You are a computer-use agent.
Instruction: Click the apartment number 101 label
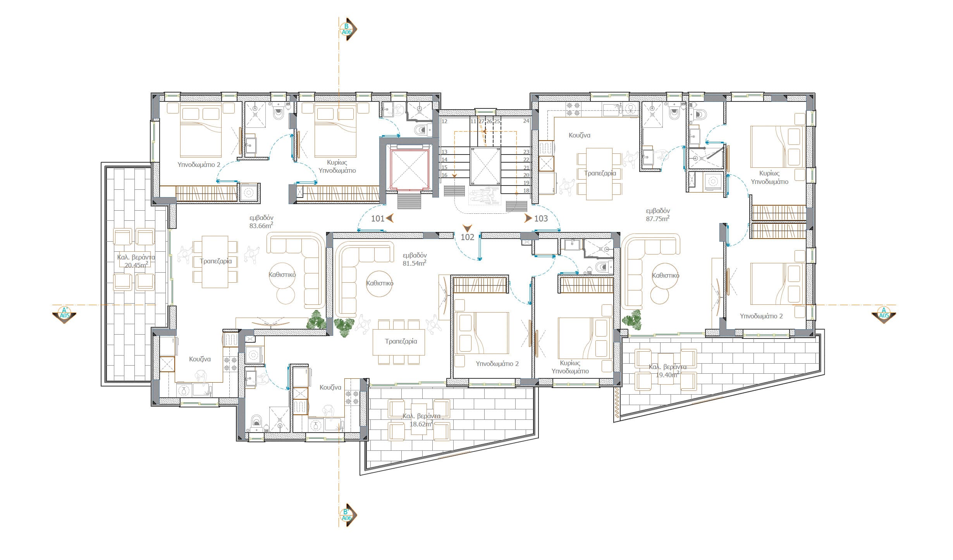click(x=378, y=218)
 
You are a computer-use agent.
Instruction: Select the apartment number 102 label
click(x=467, y=237)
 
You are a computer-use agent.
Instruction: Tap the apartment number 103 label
click(x=541, y=218)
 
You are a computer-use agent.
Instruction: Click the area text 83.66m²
click(x=261, y=225)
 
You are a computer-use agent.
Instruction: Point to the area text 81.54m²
click(x=415, y=263)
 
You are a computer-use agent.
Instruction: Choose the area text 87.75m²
click(x=658, y=218)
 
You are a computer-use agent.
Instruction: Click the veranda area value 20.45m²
click(x=136, y=265)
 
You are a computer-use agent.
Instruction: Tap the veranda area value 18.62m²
click(x=421, y=424)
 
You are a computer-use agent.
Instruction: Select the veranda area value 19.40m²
click(x=667, y=374)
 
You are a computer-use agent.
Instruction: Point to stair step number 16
click(x=444, y=175)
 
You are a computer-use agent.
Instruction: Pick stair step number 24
click(x=526, y=121)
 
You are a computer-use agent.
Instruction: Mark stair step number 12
click(x=444, y=121)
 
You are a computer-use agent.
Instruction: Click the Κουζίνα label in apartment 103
click(x=579, y=135)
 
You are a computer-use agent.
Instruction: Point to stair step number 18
click(x=526, y=191)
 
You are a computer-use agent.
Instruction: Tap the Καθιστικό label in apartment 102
click(x=380, y=283)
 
